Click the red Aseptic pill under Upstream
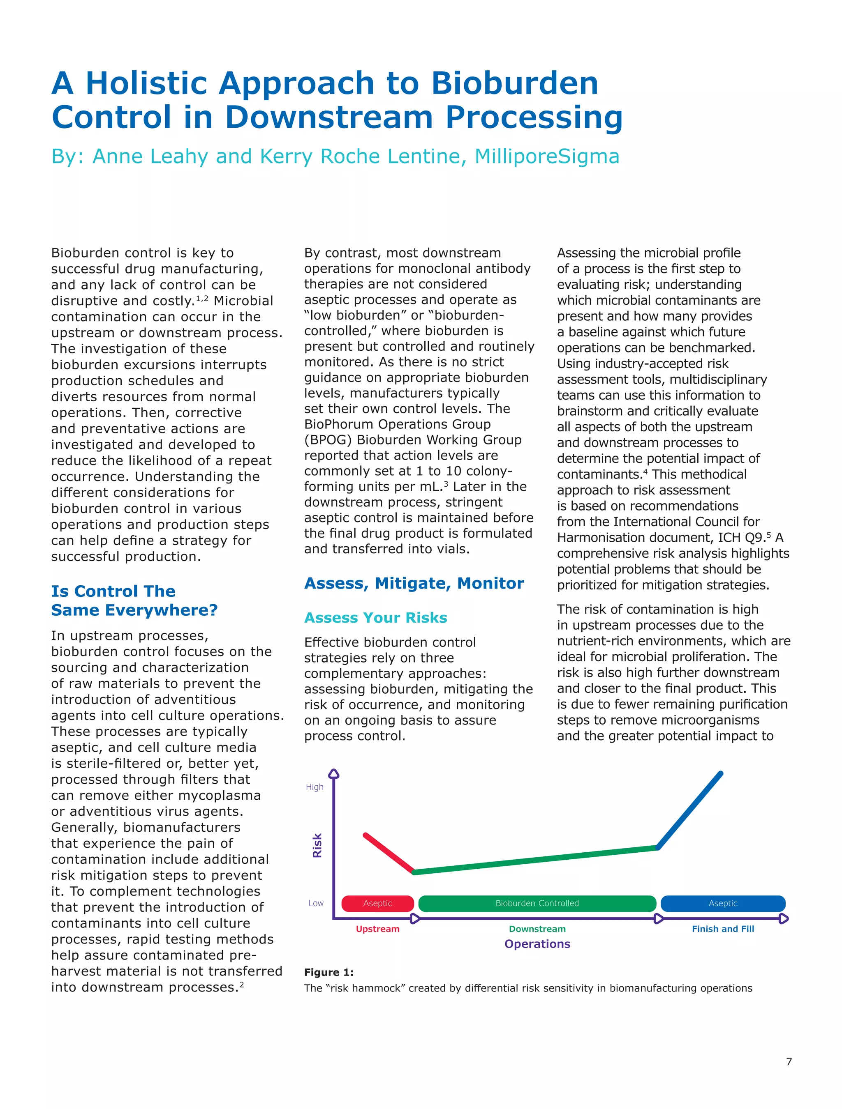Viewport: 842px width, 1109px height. coord(377,903)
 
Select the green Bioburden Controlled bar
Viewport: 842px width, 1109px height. coord(537,903)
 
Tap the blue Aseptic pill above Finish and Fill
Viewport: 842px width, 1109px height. coord(723,903)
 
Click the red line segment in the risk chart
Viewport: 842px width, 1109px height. coord(389,853)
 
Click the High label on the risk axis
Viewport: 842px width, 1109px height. coord(315,787)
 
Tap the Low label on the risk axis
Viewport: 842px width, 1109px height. coord(316,903)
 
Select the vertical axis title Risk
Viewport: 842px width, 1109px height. coord(317,845)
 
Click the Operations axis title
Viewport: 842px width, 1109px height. coord(537,944)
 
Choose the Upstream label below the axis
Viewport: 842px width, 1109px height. coord(377,929)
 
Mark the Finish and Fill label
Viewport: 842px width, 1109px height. coord(723,929)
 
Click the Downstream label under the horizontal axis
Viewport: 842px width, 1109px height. coord(537,929)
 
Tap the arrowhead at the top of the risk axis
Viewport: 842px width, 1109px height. coord(334,773)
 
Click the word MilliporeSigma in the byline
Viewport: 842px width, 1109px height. coord(547,156)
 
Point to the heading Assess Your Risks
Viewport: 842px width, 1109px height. coord(375,618)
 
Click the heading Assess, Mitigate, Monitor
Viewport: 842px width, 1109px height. coord(414,583)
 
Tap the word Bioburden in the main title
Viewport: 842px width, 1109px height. coord(514,83)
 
